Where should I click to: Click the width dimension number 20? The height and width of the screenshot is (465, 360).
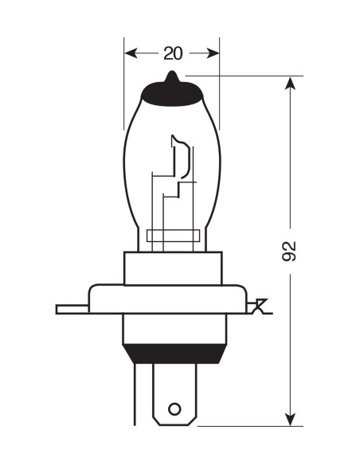pos(173,53)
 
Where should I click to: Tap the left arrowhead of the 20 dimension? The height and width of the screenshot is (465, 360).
pos(131,53)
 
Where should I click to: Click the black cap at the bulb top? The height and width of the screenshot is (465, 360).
pos(172,95)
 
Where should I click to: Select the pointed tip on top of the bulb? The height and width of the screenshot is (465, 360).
pos(172,77)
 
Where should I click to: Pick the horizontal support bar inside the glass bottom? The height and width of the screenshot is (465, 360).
pos(173,236)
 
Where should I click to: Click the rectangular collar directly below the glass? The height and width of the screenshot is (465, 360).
pos(172,267)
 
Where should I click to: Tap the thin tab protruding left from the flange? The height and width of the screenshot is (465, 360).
pos(70,308)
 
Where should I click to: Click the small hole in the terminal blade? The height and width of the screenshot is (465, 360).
pos(175,412)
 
